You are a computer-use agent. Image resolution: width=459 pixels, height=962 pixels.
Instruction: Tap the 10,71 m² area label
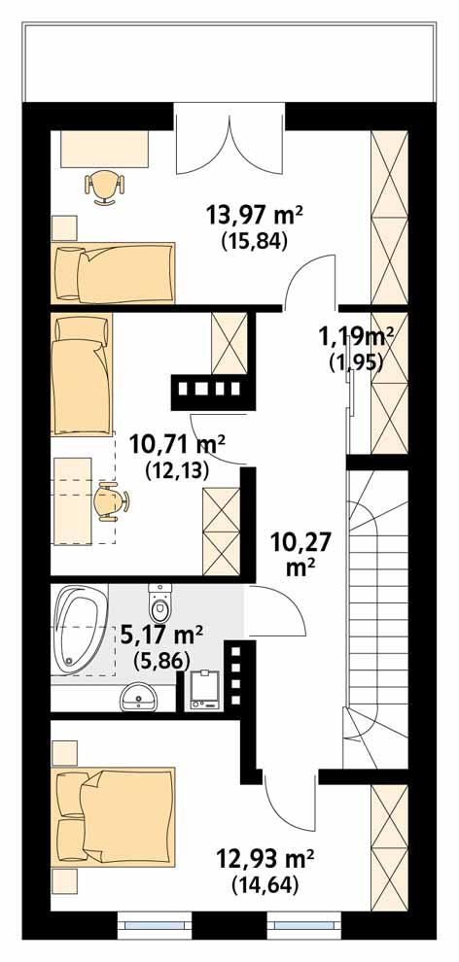(x=177, y=445)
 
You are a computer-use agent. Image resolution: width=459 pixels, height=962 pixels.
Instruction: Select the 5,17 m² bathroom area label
(x=161, y=635)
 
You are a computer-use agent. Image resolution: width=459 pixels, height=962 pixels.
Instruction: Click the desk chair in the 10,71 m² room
(x=111, y=502)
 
